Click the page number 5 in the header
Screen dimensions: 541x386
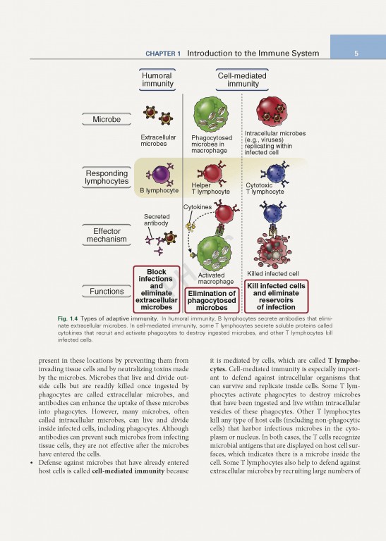click(357, 54)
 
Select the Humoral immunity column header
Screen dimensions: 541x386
click(157, 80)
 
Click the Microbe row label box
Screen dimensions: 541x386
click(106, 119)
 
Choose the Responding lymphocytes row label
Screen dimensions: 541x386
click(107, 178)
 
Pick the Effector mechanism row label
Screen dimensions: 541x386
click(107, 235)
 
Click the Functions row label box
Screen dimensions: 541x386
click(107, 291)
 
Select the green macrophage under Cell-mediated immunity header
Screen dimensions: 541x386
click(210, 113)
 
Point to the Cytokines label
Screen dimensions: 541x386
click(198, 207)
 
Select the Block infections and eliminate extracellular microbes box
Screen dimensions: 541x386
click(156, 290)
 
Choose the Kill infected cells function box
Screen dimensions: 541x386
click(275, 296)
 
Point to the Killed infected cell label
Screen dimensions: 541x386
click(273, 273)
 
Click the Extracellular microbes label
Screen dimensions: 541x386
click(159, 139)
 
